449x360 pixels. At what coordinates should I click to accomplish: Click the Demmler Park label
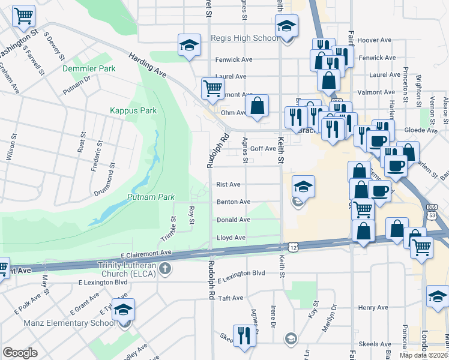[x=89, y=69]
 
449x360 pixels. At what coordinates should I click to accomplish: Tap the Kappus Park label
[x=133, y=110]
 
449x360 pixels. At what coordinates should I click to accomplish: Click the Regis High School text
[x=244, y=38]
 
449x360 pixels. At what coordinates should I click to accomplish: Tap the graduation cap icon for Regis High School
[x=286, y=26]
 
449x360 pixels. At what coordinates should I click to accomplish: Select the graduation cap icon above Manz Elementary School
[x=124, y=310]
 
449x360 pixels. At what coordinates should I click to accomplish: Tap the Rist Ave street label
[x=228, y=185]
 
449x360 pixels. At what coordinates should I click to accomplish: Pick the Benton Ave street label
[x=233, y=202]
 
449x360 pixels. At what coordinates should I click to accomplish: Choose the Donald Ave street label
[x=233, y=220]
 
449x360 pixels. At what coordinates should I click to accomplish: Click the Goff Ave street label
[x=263, y=148]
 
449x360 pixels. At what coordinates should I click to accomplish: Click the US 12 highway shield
[x=292, y=247]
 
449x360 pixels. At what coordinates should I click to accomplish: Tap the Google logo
[x=20, y=353]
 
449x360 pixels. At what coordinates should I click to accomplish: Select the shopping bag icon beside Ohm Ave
[x=257, y=106]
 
